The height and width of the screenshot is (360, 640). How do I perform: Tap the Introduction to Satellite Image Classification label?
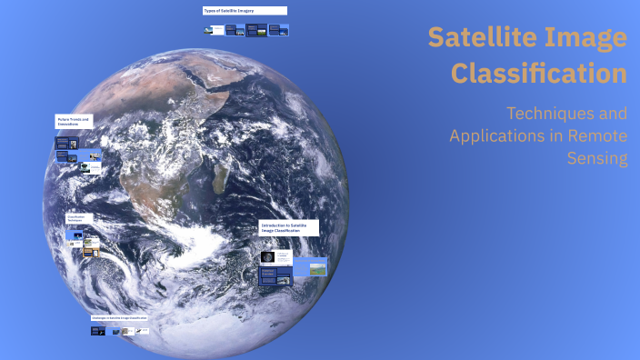[288, 227]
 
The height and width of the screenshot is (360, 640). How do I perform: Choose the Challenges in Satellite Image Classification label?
[119, 318]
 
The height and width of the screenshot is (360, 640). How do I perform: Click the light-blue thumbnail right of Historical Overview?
[309, 270]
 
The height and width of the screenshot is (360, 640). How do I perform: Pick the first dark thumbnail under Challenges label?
[97, 331]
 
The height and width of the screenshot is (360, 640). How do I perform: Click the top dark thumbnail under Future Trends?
[64, 143]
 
